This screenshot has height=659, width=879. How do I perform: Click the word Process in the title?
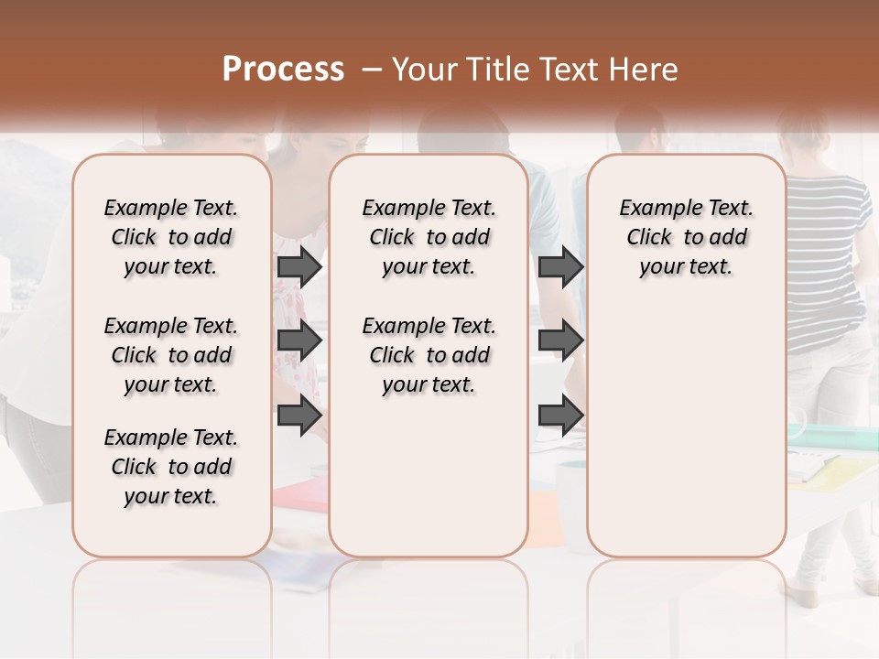click(283, 70)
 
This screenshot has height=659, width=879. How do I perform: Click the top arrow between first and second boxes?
click(299, 266)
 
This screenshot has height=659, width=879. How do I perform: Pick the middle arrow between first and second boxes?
click(299, 340)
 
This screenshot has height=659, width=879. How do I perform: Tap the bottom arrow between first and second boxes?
click(299, 415)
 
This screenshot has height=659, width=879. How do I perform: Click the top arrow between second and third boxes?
click(560, 266)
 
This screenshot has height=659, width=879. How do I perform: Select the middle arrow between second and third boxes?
click(560, 340)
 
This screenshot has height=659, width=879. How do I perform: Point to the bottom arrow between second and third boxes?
click(560, 415)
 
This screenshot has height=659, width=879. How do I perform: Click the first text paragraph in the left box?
click(171, 237)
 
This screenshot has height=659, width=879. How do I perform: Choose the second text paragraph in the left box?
click(171, 355)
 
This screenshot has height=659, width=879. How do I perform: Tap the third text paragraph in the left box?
click(171, 467)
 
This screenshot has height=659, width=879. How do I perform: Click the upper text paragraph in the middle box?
click(429, 237)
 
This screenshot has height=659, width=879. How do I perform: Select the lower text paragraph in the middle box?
click(429, 355)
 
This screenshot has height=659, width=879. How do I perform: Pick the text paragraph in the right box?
click(686, 237)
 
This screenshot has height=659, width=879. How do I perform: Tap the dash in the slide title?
click(372, 70)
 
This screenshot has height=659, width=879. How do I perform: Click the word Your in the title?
click(425, 70)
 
